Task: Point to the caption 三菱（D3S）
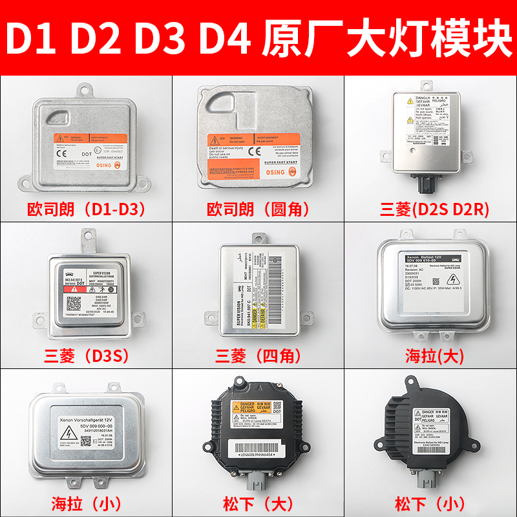pyautogui.click(x=86, y=355)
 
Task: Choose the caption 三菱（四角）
pyautogui.click(x=258, y=355)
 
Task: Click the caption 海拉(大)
pyautogui.click(x=430, y=355)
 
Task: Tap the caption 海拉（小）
pyautogui.click(x=86, y=501)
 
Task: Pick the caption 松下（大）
pyautogui.click(x=258, y=501)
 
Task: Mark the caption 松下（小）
pyautogui.click(x=430, y=501)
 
